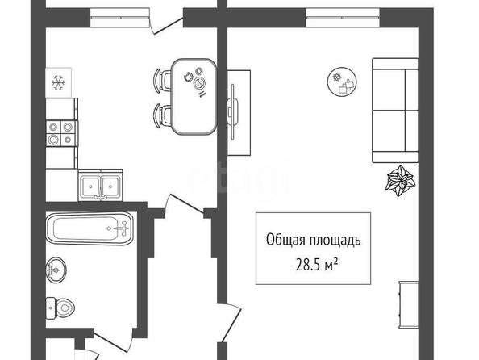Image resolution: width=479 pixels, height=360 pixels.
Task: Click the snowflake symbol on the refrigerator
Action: pyautogui.click(x=58, y=82)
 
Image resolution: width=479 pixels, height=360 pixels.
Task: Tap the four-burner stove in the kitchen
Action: pyautogui.click(x=60, y=133)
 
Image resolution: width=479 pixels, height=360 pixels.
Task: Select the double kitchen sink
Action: pyautogui.click(x=100, y=186)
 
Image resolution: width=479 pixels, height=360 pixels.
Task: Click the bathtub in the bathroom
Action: pyautogui.click(x=90, y=228)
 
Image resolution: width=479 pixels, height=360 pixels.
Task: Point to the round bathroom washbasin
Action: pyautogui.click(x=56, y=270)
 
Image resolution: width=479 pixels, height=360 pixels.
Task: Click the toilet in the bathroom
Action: pyautogui.click(x=60, y=308)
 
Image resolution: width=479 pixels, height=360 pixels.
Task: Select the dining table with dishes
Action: pyautogui.click(x=194, y=97)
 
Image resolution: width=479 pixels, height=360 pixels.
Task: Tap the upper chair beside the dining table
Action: pyautogui.click(x=162, y=81)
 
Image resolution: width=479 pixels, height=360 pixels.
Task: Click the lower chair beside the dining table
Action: pyautogui.click(x=162, y=115)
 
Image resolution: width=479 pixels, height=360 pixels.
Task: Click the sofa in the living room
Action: pyautogui.click(x=395, y=111)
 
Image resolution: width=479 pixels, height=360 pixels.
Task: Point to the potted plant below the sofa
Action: pyautogui.click(x=401, y=180)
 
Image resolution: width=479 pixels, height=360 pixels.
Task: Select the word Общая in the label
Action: pyautogui.click(x=285, y=240)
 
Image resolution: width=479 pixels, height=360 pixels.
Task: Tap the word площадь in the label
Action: pyautogui.click(x=335, y=241)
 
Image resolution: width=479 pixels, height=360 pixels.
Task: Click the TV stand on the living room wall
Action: pyautogui.click(x=239, y=112)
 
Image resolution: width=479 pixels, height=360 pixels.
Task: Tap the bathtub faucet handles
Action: pyautogui.click(x=123, y=228)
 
